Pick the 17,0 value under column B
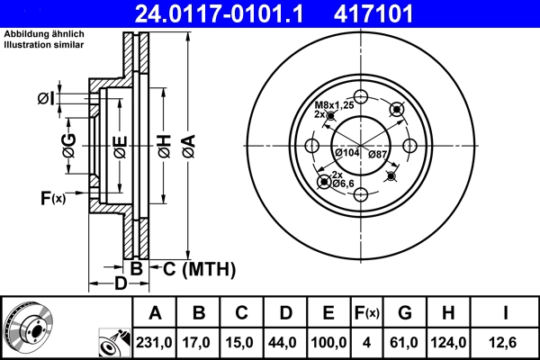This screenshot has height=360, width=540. pos(199,342)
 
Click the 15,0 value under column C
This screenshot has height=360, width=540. pos(241,342)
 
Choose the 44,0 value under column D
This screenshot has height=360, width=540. pos(284,342)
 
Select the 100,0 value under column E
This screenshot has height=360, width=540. pos(328,342)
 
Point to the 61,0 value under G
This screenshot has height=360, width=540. pos(405,342)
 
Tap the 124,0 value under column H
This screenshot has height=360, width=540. pos(449,342)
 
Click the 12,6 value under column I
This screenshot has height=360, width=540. pos(505,342)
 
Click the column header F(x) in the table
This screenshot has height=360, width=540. pos(367,313)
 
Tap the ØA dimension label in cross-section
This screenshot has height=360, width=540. pos(187,142)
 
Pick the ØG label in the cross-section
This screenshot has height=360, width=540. pos(68,142)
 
